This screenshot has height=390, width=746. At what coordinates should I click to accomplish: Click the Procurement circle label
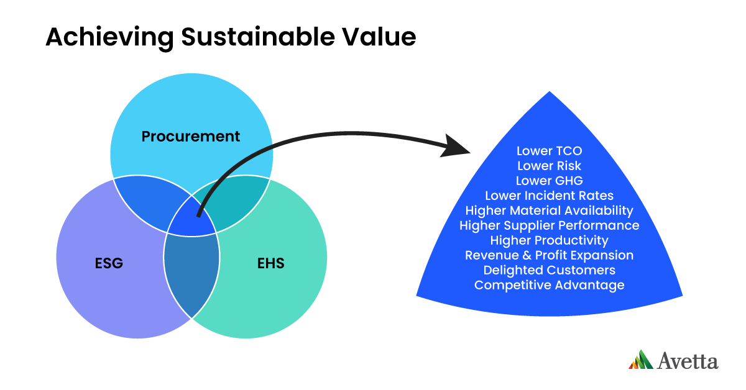190,136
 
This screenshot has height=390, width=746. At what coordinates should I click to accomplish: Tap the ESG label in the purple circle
109,263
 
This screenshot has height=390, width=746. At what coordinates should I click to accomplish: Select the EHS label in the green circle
270,263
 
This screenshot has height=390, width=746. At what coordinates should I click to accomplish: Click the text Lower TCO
549,151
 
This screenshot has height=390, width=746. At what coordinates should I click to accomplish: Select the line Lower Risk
549,166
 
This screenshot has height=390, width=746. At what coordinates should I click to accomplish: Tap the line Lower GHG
549,181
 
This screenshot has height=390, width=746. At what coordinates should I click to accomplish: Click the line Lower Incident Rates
549,196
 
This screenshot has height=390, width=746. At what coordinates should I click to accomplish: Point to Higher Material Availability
549,211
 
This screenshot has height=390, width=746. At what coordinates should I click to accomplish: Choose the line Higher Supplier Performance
549,225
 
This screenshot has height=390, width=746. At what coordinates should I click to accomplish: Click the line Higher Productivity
549,240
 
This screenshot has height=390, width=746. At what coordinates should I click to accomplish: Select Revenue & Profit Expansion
549,255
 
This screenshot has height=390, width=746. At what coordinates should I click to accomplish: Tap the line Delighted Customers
549,270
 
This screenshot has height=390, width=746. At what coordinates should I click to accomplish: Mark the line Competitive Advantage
549,285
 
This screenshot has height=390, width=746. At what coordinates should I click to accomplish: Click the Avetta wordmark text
688,361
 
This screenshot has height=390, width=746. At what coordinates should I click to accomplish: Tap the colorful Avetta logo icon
640,360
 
